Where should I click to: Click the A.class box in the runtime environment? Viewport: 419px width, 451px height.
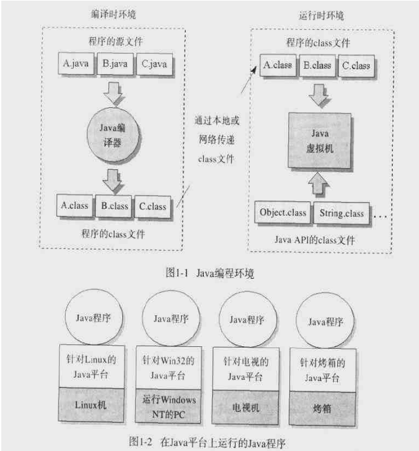[278, 64]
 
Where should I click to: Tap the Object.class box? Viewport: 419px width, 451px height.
[283, 212]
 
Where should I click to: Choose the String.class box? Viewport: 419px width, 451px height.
[342, 212]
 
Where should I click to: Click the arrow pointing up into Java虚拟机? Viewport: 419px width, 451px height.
[316, 183]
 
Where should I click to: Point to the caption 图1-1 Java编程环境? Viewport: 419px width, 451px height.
[209, 273]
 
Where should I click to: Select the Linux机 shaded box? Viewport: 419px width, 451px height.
[91, 404]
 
